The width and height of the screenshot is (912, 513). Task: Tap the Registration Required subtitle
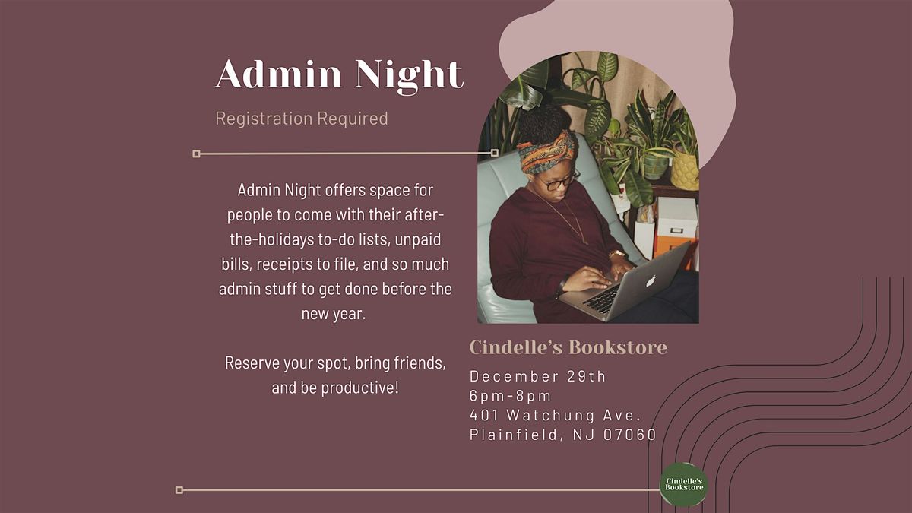(x=302, y=119)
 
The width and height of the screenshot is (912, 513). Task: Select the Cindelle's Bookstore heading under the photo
(x=568, y=347)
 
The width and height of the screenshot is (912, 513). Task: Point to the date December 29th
(x=538, y=376)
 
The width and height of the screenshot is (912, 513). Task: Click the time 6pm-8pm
(x=511, y=396)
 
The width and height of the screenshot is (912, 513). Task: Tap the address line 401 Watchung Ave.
(x=556, y=416)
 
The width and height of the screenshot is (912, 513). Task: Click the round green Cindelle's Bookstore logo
(x=683, y=485)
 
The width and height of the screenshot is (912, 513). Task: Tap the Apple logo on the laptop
(x=650, y=280)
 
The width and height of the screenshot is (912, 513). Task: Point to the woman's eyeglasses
(x=562, y=181)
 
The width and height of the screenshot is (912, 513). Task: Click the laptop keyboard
(x=603, y=299)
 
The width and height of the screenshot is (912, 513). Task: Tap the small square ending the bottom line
(x=179, y=490)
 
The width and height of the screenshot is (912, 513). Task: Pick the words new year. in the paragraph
(x=334, y=313)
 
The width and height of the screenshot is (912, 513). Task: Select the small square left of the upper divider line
(x=196, y=154)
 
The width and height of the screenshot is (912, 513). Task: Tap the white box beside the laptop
(x=676, y=217)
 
